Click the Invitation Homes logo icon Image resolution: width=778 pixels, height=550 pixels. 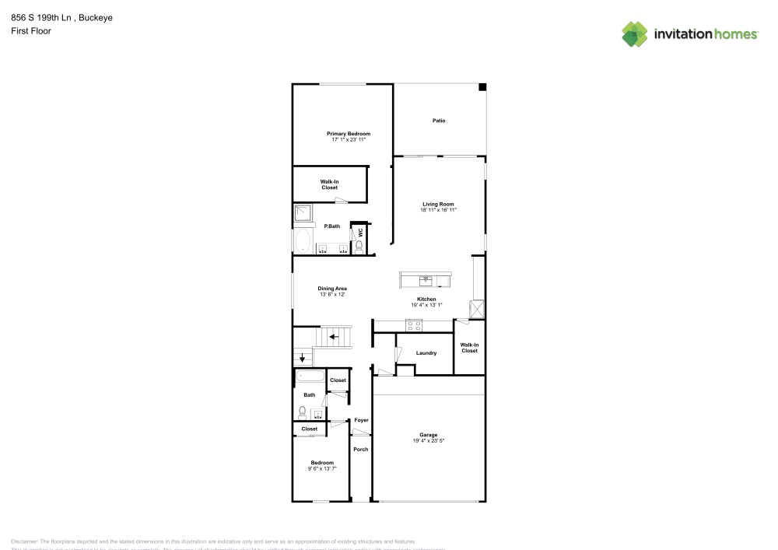click(x=635, y=34)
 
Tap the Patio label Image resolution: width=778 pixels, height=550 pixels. click(x=439, y=121)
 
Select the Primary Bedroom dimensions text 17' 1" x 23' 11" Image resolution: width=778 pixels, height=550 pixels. click(x=349, y=140)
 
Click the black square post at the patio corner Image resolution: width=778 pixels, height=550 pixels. click(x=482, y=87)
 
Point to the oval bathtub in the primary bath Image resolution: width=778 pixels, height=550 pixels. click(x=302, y=241)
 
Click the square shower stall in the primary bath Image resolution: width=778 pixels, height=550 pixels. click(x=303, y=214)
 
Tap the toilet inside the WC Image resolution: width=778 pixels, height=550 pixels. click(x=359, y=246)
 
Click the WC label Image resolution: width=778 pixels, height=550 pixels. click(x=360, y=232)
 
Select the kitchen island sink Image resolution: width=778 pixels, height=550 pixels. click(x=426, y=279)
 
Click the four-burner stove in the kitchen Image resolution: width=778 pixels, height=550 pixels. click(x=412, y=325)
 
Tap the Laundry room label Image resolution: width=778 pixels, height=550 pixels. click(x=426, y=353)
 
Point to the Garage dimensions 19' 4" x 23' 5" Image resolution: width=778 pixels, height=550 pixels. click(x=429, y=441)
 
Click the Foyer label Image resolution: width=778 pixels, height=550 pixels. click(x=361, y=420)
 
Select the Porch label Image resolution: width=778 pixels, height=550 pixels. click(x=360, y=450)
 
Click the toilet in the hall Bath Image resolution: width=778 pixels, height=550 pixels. click(x=302, y=412)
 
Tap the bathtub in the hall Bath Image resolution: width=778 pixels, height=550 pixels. click(x=310, y=377)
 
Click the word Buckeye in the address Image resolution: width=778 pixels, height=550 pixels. click(x=96, y=16)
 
